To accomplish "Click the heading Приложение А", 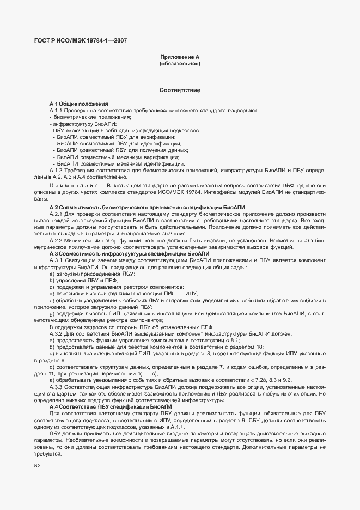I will (x=180, y=57).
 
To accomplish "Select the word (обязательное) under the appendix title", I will (x=180, y=64).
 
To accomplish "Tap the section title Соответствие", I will (x=180, y=89).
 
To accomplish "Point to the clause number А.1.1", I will (x=57, y=111).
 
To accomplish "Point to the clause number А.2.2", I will (x=57, y=240).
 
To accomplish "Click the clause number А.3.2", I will (x=57, y=333).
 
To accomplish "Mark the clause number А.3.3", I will (x=57, y=386).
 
